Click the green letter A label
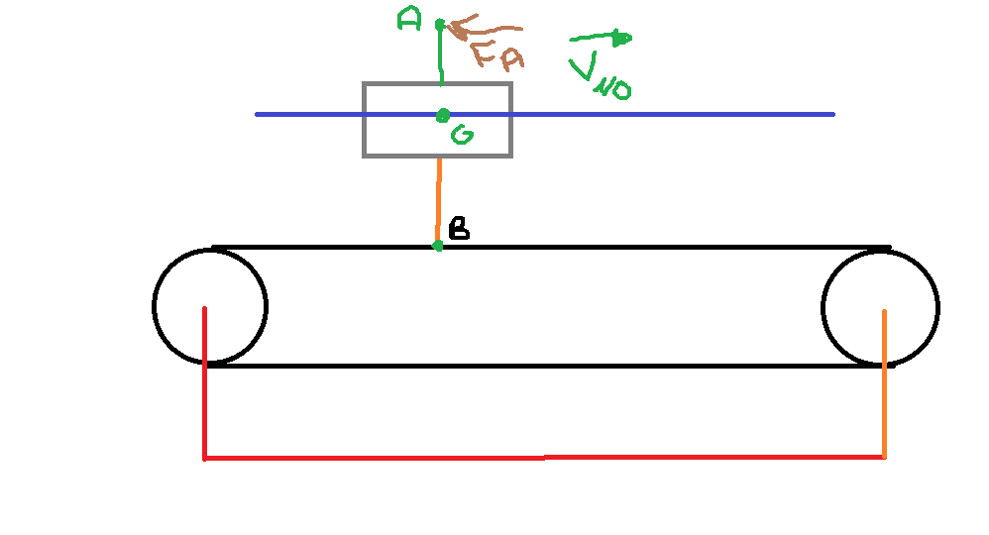(x=408, y=18)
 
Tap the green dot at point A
(x=440, y=24)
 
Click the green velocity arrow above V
(x=601, y=40)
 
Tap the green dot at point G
(x=443, y=116)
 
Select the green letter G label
(x=461, y=137)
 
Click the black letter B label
(x=459, y=230)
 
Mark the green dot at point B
(x=438, y=245)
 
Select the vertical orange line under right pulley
(x=884, y=396)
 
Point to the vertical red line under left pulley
(x=204, y=396)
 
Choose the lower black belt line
(x=545, y=366)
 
